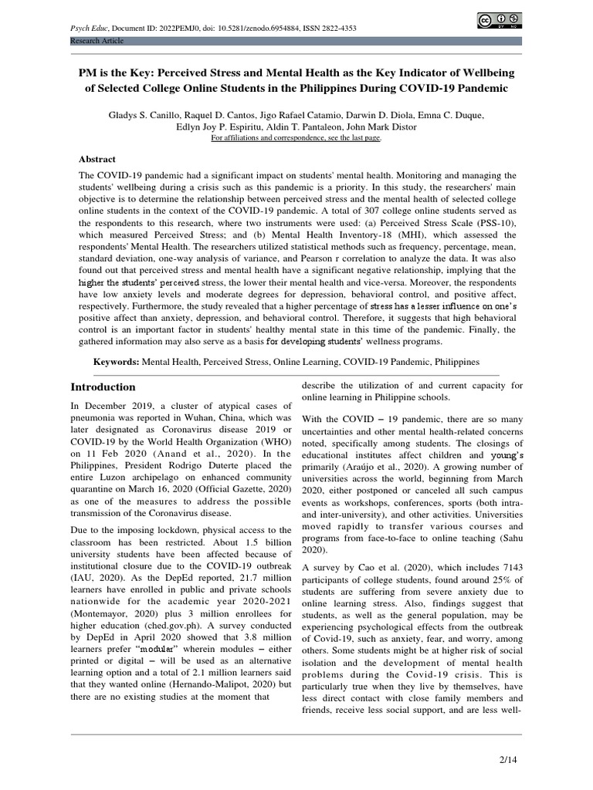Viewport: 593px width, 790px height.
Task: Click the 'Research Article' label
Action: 97,39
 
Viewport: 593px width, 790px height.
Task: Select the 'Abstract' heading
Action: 97,159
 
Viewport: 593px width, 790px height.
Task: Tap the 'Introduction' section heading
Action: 103,387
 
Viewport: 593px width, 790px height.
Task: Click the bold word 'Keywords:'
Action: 117,361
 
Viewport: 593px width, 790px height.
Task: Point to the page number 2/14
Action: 507,760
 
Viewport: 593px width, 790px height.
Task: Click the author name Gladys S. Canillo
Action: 144,114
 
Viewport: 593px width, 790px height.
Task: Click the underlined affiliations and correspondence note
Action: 296,138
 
